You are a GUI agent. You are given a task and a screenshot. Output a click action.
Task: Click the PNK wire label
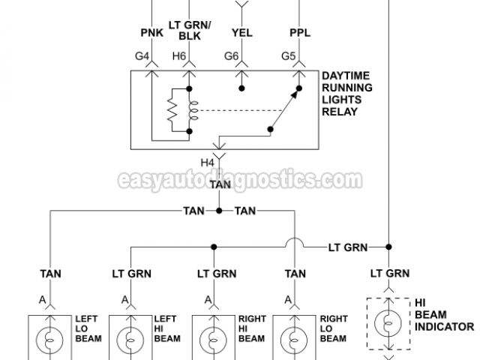[x=152, y=32]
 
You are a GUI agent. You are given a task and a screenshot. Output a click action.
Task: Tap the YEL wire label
[x=241, y=32]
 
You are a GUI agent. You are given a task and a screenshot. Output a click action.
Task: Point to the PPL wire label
[x=299, y=32]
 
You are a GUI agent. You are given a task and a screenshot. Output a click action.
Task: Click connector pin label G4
[x=142, y=55]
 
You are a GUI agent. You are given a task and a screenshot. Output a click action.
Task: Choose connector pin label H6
[x=179, y=55]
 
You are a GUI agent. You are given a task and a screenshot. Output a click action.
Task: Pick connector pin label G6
[x=231, y=55]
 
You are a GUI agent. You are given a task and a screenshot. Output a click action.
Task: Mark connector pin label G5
[x=289, y=55]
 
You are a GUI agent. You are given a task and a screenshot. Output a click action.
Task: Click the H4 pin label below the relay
[x=207, y=161]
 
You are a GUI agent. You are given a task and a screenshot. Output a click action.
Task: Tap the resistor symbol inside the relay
[x=172, y=110]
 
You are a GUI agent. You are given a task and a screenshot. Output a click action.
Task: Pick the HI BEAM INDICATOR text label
[x=444, y=314]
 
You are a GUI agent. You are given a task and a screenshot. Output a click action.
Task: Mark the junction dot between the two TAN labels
[x=219, y=211]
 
